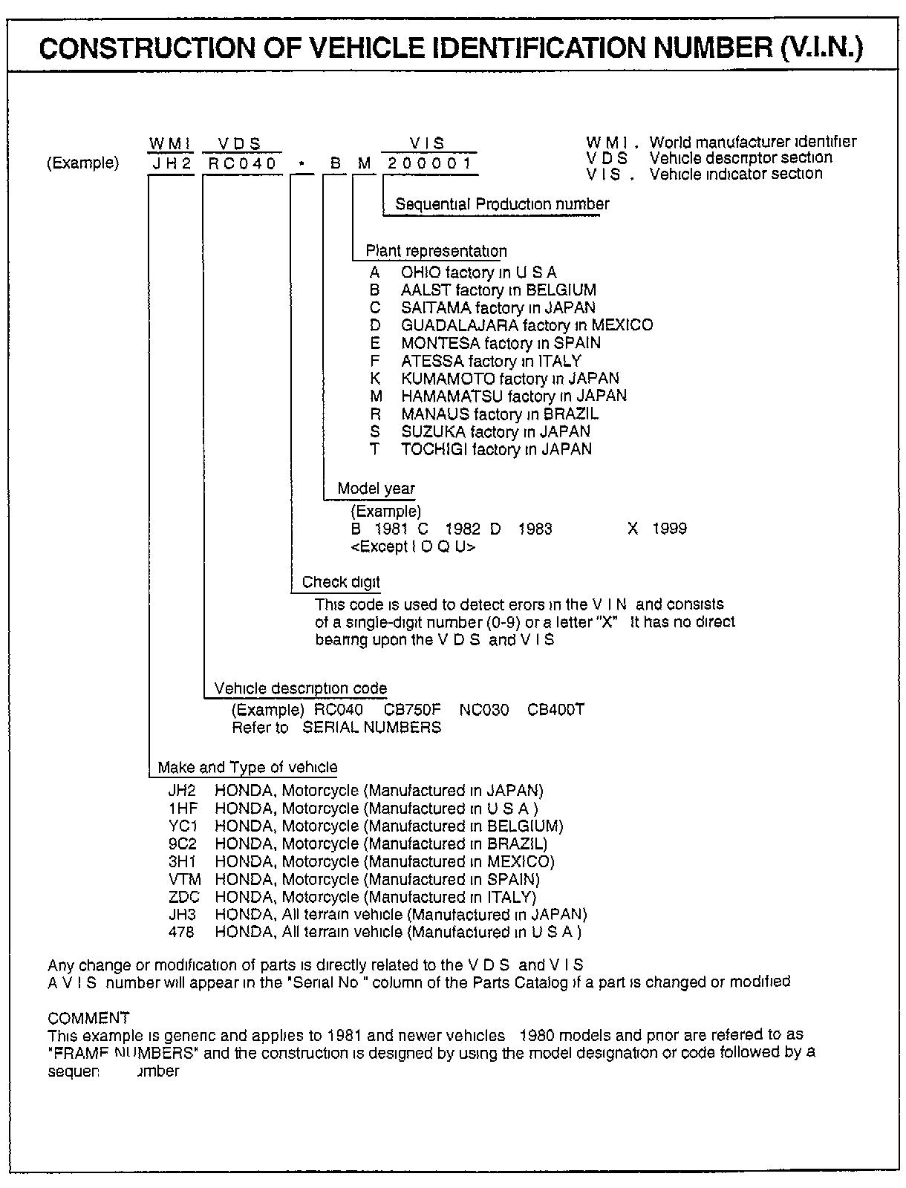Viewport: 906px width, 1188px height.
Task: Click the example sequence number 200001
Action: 429,163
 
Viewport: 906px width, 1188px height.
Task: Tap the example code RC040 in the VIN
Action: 242,163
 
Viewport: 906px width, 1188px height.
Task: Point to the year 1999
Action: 669,529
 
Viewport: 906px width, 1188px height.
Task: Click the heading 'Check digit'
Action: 341,582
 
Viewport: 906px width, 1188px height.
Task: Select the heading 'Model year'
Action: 376,489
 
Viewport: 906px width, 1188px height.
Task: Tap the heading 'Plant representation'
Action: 436,251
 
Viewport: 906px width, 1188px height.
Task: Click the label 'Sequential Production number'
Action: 502,204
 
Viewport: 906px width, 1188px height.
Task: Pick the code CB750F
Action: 412,710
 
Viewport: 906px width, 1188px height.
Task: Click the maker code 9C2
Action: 182,844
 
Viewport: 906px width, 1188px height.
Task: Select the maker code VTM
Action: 185,880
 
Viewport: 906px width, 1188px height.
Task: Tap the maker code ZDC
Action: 184,898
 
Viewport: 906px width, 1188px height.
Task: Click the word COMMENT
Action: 88,1018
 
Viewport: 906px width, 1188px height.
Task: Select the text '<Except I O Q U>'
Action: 413,547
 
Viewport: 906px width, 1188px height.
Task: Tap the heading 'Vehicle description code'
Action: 300,688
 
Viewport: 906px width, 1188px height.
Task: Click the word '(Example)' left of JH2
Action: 82,163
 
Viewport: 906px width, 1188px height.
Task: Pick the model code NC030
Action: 483,710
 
